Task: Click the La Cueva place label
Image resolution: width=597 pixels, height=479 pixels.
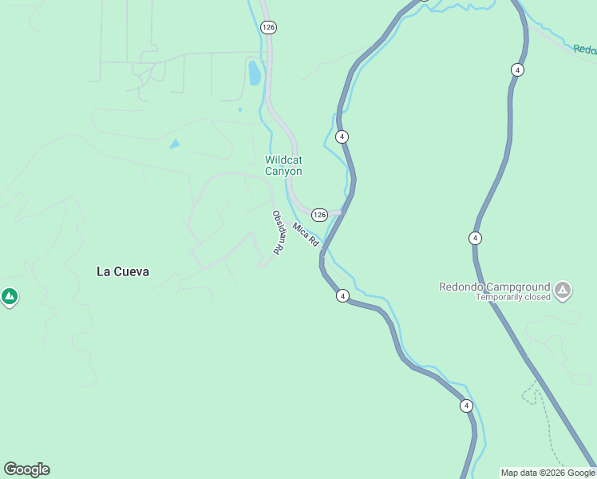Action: [123, 271]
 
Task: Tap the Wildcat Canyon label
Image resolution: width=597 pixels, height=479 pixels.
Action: [283, 165]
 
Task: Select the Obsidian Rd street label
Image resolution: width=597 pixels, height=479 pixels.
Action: [278, 232]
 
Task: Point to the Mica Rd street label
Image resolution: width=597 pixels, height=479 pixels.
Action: [306, 235]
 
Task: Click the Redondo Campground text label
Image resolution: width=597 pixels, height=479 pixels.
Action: [495, 287]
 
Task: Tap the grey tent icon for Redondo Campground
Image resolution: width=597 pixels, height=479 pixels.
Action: [563, 289]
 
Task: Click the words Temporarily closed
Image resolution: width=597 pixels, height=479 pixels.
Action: [513, 297]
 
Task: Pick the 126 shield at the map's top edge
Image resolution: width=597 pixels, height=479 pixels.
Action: [268, 27]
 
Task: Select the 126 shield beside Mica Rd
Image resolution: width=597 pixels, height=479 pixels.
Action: [319, 215]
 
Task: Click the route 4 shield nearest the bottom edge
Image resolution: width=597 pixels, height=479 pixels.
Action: [466, 406]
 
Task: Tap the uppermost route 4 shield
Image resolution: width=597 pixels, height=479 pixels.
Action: [518, 70]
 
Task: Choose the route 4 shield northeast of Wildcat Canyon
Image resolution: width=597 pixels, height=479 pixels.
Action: [342, 137]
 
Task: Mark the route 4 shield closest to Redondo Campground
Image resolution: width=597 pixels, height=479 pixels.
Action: [475, 238]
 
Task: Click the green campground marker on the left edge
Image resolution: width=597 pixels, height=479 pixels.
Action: [10, 298]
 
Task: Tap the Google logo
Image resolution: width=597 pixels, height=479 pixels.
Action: [26, 469]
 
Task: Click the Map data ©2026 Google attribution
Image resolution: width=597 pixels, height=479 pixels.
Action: [548, 473]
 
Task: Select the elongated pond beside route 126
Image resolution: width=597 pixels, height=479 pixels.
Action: [254, 73]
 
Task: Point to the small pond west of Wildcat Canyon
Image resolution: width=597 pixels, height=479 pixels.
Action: [174, 144]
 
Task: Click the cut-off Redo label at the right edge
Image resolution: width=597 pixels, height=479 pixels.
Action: [585, 49]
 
